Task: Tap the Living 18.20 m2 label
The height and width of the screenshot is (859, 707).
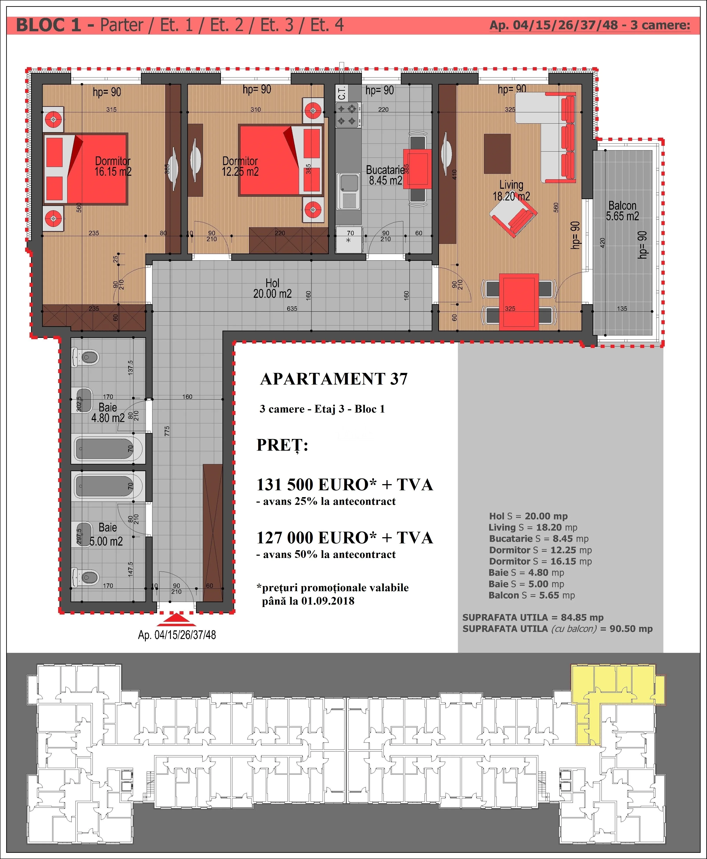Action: click(x=511, y=191)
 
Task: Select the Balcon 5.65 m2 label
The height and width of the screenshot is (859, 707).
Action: click(x=622, y=211)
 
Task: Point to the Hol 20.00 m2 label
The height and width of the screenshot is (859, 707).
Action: click(x=272, y=288)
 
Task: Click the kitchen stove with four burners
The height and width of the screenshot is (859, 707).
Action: click(x=348, y=115)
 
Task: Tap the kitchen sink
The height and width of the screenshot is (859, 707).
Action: click(x=348, y=191)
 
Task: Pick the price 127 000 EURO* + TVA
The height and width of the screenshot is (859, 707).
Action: click(x=344, y=538)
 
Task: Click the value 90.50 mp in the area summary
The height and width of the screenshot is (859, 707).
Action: click(x=631, y=629)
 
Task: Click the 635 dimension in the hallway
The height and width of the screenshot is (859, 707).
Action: click(x=292, y=309)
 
